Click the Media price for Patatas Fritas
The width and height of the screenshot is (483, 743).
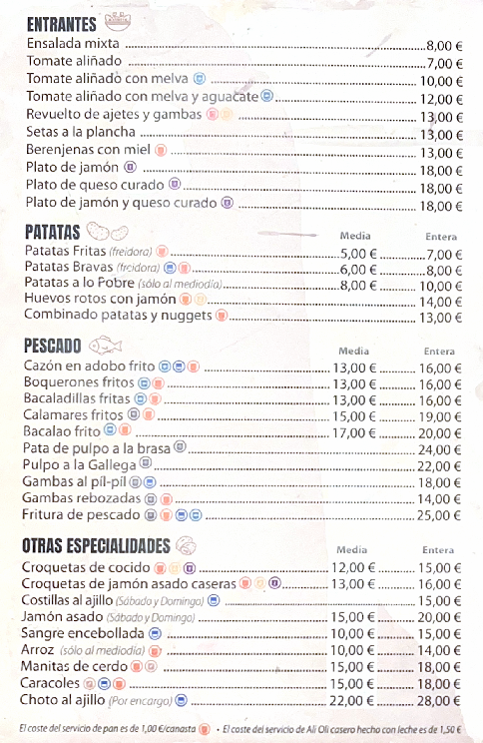[357, 254]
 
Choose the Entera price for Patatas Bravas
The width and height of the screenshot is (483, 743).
[442, 270]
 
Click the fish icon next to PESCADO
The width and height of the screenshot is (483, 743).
[105, 346]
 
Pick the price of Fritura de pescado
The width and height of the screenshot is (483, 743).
[439, 515]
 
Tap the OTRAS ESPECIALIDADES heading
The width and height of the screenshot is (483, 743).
[96, 545]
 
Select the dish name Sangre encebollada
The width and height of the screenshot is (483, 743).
[84, 633]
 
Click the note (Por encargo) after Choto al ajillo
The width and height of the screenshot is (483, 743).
[149, 701]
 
